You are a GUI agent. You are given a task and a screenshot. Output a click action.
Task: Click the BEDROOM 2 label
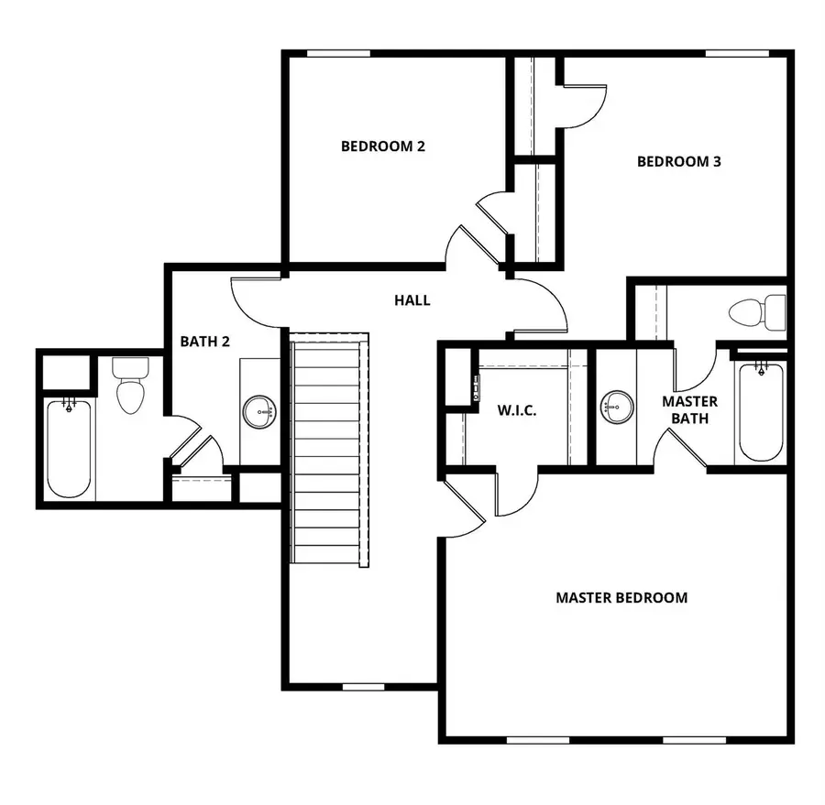point(382,146)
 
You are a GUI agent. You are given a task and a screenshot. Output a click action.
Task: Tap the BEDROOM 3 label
point(678,162)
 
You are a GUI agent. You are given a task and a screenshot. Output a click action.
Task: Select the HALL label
point(412,299)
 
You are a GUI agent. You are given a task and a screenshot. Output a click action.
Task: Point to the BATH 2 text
point(204,342)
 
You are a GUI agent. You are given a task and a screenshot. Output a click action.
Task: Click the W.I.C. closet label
point(516,410)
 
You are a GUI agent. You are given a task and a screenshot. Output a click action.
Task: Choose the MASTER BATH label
point(689,410)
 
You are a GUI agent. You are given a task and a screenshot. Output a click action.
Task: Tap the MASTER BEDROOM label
point(621,598)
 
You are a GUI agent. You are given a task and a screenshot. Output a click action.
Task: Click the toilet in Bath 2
point(129,386)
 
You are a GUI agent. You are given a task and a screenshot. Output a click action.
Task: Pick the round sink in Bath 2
point(259,411)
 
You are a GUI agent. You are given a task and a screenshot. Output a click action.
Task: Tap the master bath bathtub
point(760,411)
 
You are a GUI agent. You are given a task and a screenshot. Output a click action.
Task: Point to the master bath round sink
point(614,403)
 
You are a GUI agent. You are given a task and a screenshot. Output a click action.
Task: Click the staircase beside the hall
point(330,449)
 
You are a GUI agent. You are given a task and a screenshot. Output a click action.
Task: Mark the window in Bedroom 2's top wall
point(332,53)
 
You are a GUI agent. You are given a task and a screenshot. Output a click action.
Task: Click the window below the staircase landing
point(363,686)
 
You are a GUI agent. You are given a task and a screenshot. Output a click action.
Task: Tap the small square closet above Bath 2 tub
point(64,371)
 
